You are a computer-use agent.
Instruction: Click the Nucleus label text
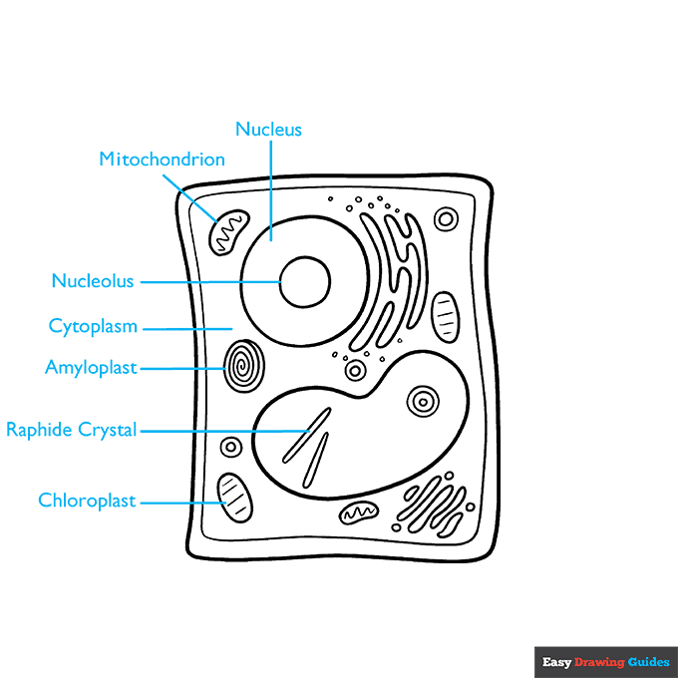pos(268,130)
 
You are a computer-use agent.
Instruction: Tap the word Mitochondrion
pos(162,160)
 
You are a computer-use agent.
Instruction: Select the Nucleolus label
pos(93,282)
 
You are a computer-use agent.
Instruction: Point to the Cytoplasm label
pos(93,326)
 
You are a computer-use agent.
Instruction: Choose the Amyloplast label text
pos(91,368)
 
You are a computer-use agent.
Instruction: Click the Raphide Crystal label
pos(71,431)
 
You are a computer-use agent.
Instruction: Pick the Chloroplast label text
pos(87,501)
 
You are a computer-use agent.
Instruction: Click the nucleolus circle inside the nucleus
pos(304,281)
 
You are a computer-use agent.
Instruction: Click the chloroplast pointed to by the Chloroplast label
pos(235,497)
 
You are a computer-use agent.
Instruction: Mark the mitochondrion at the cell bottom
pos(359,512)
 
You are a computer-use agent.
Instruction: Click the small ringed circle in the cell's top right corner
pos(447,219)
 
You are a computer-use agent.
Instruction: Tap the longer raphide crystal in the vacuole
pos(307,435)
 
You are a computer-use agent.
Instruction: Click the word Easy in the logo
pos(555,662)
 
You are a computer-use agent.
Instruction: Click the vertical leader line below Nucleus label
pos(271,189)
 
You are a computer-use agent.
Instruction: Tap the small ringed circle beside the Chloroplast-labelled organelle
pos(231,447)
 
